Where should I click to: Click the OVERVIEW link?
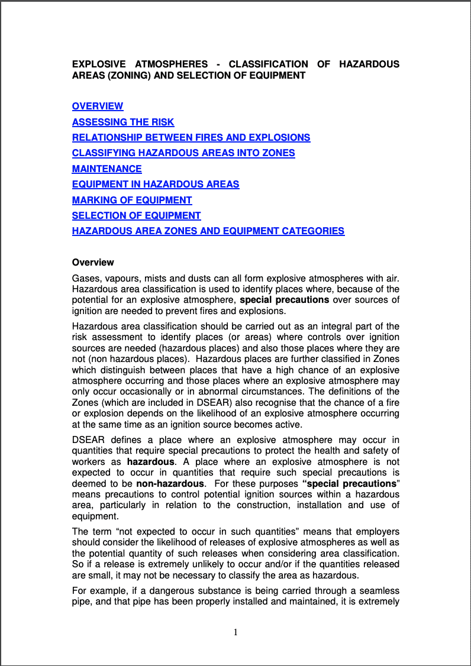(98, 106)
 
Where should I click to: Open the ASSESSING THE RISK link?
(123, 122)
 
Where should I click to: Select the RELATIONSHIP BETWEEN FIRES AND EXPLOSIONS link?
(191, 138)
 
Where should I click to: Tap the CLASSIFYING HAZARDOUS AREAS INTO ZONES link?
(183, 153)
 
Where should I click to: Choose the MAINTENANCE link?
(107, 169)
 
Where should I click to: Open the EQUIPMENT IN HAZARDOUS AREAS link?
(156, 185)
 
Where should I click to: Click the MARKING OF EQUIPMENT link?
(132, 201)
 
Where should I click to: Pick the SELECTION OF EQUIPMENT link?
(137, 216)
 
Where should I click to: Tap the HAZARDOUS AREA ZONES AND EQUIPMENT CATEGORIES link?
(208, 231)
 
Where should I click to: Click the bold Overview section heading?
(93, 263)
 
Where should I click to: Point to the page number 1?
(236, 632)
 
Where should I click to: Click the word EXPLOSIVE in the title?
(99, 64)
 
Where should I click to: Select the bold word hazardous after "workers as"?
(151, 461)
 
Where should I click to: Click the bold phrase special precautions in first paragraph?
(284, 300)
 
